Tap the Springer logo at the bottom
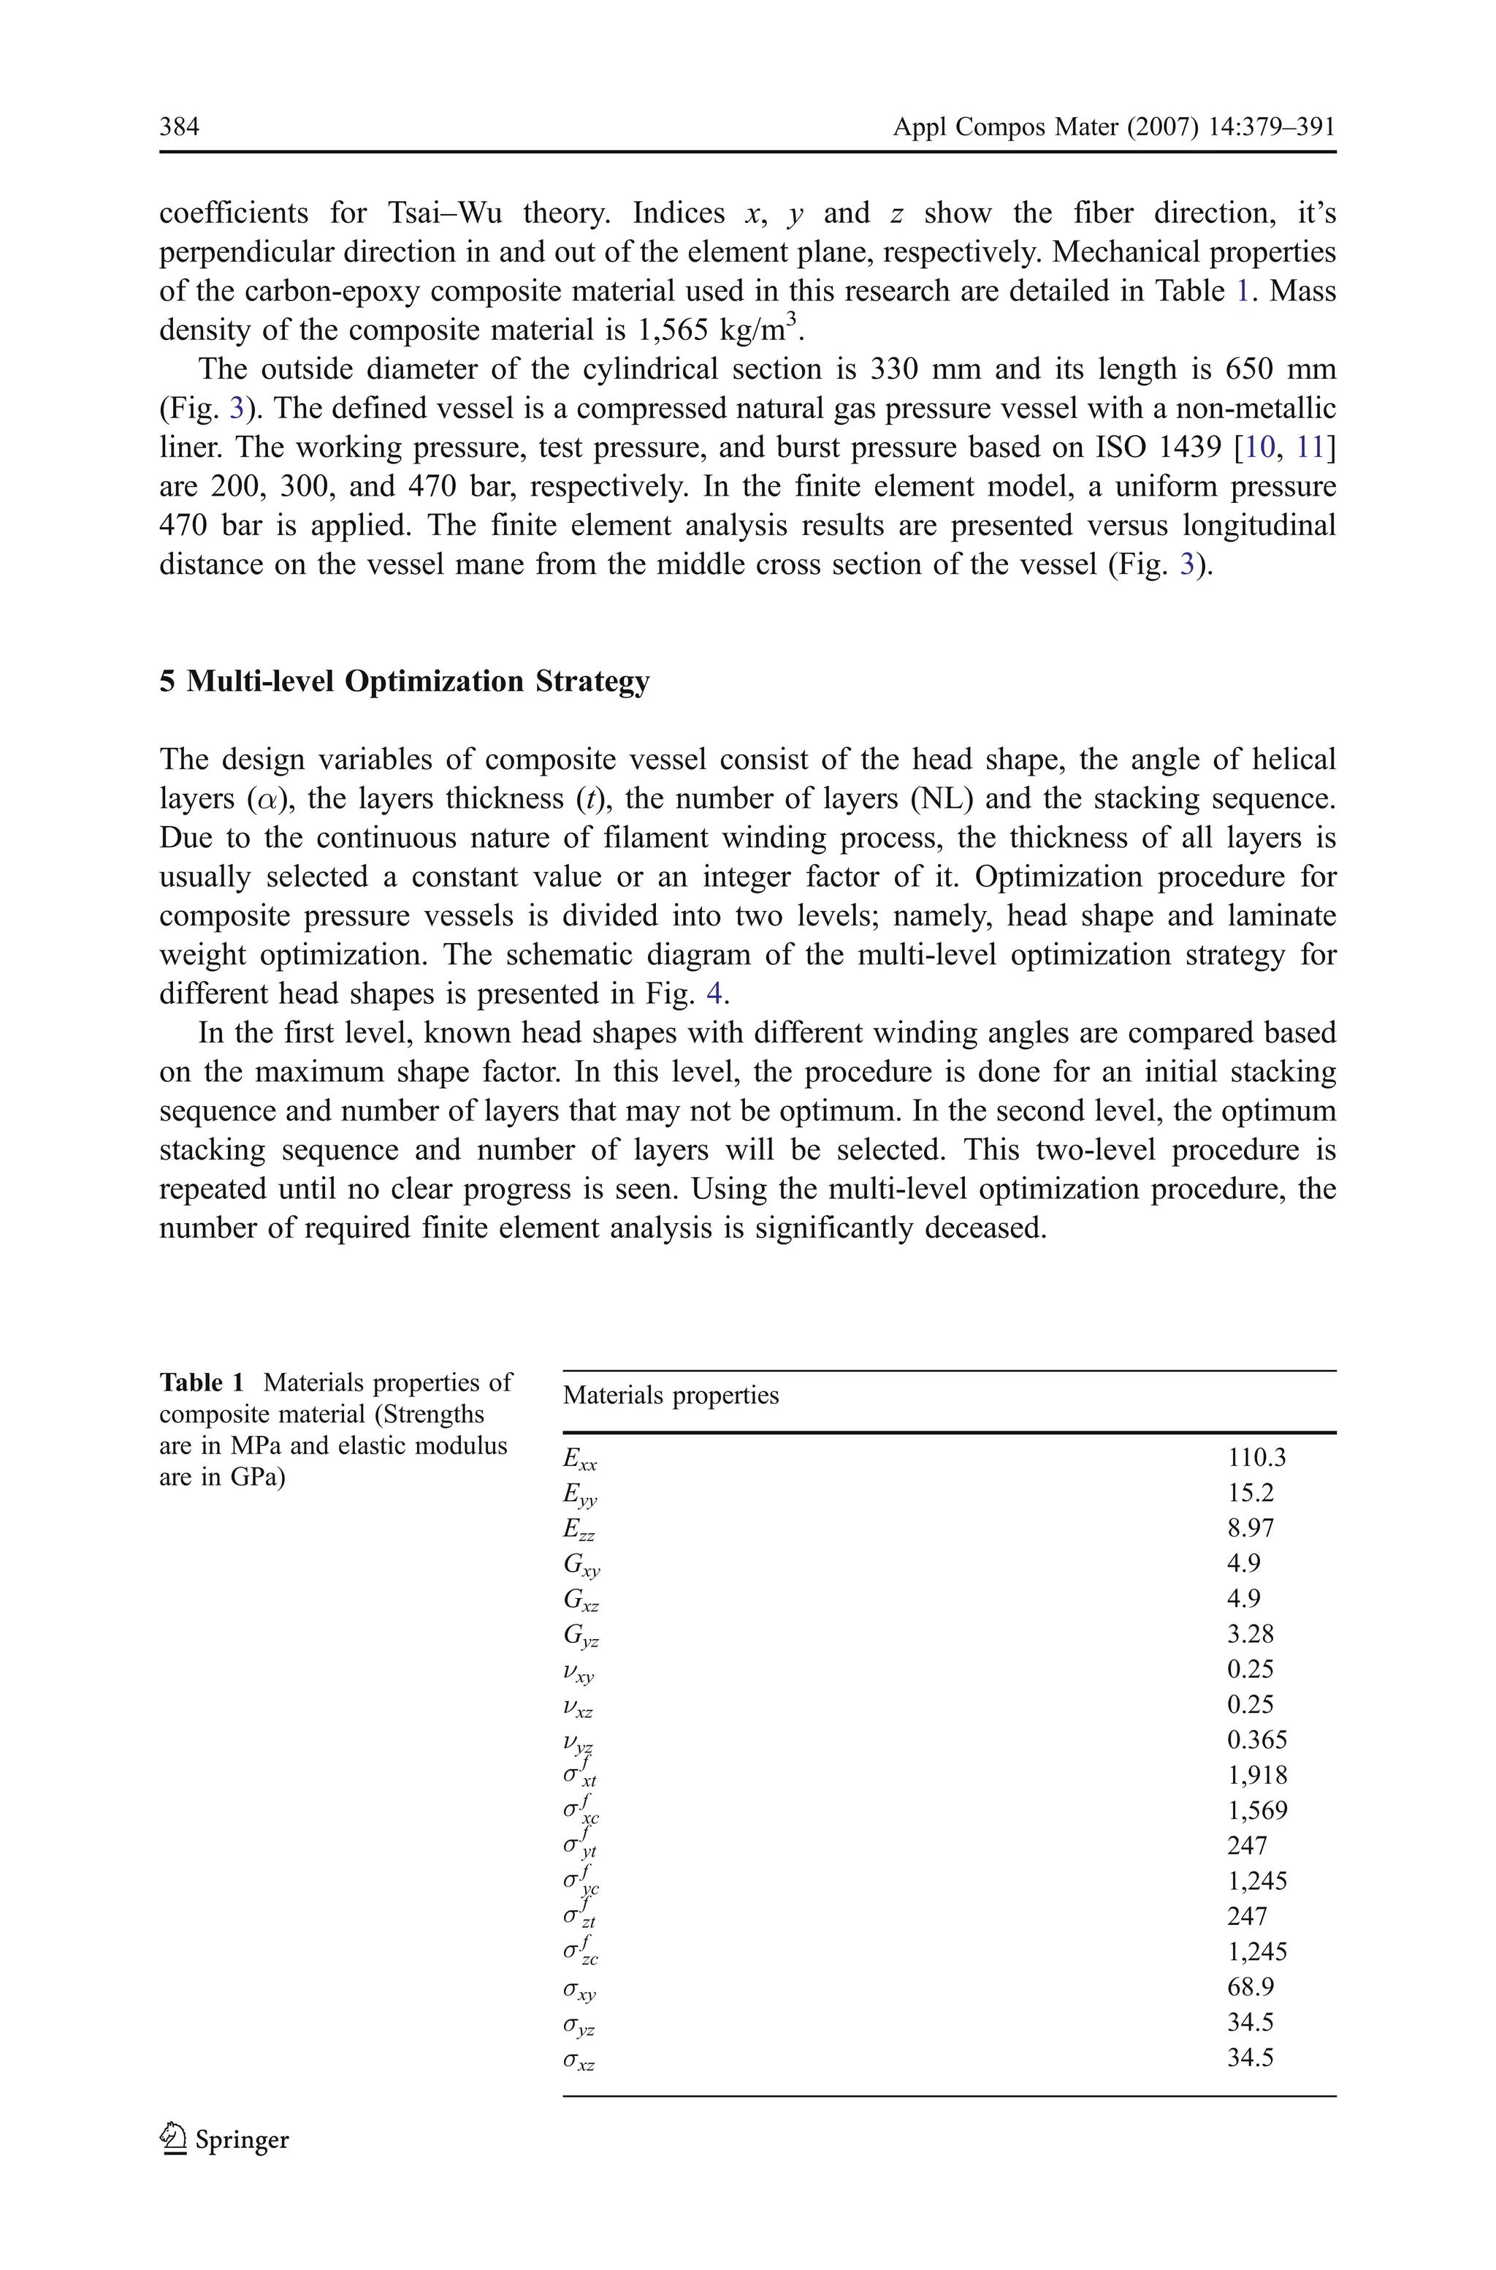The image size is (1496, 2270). pos(225,2139)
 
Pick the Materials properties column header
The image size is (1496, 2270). pos(671,1396)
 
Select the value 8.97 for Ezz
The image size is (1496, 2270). pos(1250,1528)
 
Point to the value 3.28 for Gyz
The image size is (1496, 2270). pos(1250,1634)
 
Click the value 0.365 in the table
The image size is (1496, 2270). pos(1256,1740)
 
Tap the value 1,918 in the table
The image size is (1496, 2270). pos(1256,1776)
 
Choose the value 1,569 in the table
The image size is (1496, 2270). pos(1256,1811)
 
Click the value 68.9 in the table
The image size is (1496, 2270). pos(1250,1988)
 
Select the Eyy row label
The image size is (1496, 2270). pos(580,1495)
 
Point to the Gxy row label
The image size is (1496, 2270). pos(581,1565)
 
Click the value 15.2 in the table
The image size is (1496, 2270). pos(1250,1493)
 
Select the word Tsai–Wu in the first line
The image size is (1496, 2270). pos(445,213)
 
